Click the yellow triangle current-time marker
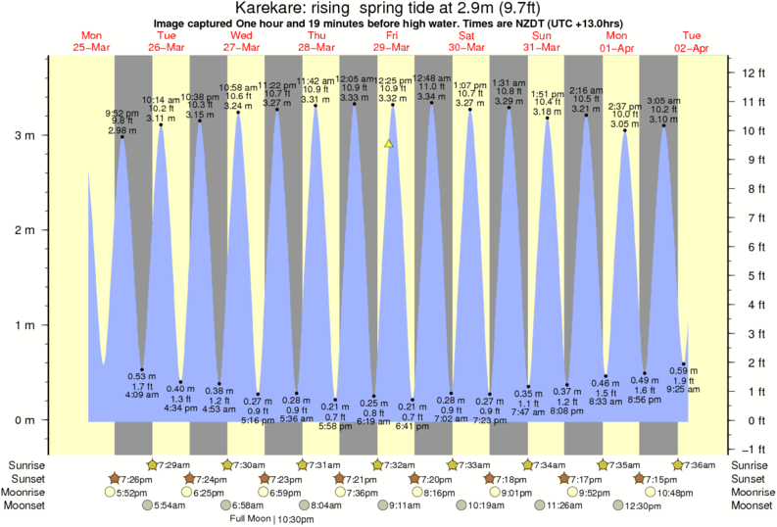pos(389,143)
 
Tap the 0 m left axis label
pos(27,420)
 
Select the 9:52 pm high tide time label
pos(122,114)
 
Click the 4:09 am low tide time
pos(143,396)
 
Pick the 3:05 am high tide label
pos(663,102)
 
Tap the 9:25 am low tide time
pos(684,389)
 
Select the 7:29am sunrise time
pos(174,463)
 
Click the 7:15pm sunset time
pos(662,478)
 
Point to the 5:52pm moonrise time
pos(136,492)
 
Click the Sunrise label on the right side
pos(751,463)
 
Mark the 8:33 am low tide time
pos(607,402)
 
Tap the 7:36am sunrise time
pos(701,463)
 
